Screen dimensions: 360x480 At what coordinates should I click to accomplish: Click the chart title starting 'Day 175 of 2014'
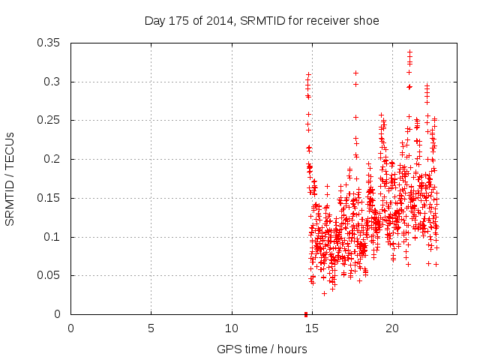262,21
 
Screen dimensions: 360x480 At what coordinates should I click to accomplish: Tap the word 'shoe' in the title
367,21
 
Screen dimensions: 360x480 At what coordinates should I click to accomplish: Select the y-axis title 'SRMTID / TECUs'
10,179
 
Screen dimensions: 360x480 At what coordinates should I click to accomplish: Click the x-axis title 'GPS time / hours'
262,349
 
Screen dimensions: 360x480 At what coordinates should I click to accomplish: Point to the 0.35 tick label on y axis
49,43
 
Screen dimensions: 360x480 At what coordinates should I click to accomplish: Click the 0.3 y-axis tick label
52,82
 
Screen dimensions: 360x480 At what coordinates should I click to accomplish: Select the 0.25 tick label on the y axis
49,120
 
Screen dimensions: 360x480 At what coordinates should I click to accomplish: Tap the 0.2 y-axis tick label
52,159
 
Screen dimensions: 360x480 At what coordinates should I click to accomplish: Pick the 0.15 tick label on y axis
49,198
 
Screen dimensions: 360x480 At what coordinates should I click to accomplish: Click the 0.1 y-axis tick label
52,237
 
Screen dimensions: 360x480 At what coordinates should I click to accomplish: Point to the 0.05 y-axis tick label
49,275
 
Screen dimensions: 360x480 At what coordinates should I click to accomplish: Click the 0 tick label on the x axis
70,328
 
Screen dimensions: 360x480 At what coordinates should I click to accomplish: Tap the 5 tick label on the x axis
151,328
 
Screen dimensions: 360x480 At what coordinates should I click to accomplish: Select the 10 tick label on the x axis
232,328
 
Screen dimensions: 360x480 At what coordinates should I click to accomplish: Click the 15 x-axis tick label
312,328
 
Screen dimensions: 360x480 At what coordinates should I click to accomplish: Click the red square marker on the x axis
306,314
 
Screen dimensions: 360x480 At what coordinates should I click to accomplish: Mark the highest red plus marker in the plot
409,52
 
